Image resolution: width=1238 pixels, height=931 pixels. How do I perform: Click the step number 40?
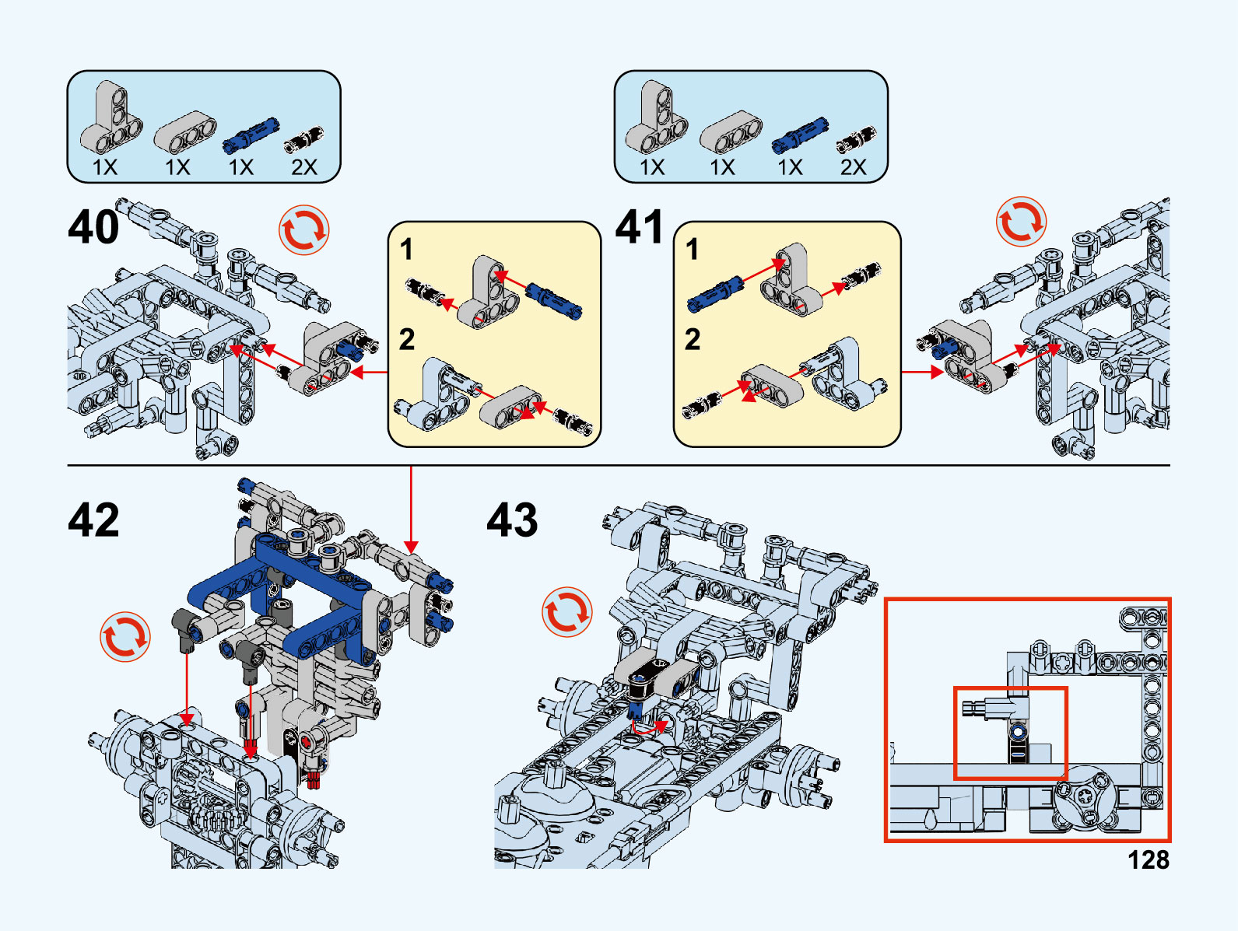pyautogui.click(x=94, y=227)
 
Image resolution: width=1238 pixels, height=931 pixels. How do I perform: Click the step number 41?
pyautogui.click(x=639, y=227)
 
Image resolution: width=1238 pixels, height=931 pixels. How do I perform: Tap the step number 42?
pyautogui.click(x=94, y=520)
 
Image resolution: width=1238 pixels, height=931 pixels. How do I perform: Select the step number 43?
pyautogui.click(x=512, y=520)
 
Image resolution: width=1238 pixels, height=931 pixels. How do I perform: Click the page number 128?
pyautogui.click(x=1148, y=859)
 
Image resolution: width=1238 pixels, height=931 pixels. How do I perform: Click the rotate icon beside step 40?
pyautogui.click(x=304, y=229)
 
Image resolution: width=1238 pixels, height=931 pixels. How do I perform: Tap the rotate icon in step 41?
pyautogui.click(x=1021, y=222)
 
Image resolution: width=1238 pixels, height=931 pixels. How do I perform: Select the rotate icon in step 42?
pyautogui.click(x=125, y=637)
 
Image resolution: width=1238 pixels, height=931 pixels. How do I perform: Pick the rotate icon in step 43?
pyautogui.click(x=567, y=612)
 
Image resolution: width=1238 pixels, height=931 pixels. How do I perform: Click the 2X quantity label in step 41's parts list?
pyautogui.click(x=853, y=167)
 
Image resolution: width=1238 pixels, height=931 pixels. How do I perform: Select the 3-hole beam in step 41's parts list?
pyautogui.click(x=731, y=131)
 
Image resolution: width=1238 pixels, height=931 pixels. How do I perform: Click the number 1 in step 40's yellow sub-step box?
pyautogui.click(x=406, y=250)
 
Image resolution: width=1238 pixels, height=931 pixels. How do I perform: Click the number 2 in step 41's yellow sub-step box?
pyautogui.click(x=692, y=339)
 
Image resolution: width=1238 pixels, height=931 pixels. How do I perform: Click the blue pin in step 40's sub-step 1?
pyautogui.click(x=554, y=299)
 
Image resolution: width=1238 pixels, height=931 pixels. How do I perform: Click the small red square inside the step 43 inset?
pyautogui.click(x=1010, y=732)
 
